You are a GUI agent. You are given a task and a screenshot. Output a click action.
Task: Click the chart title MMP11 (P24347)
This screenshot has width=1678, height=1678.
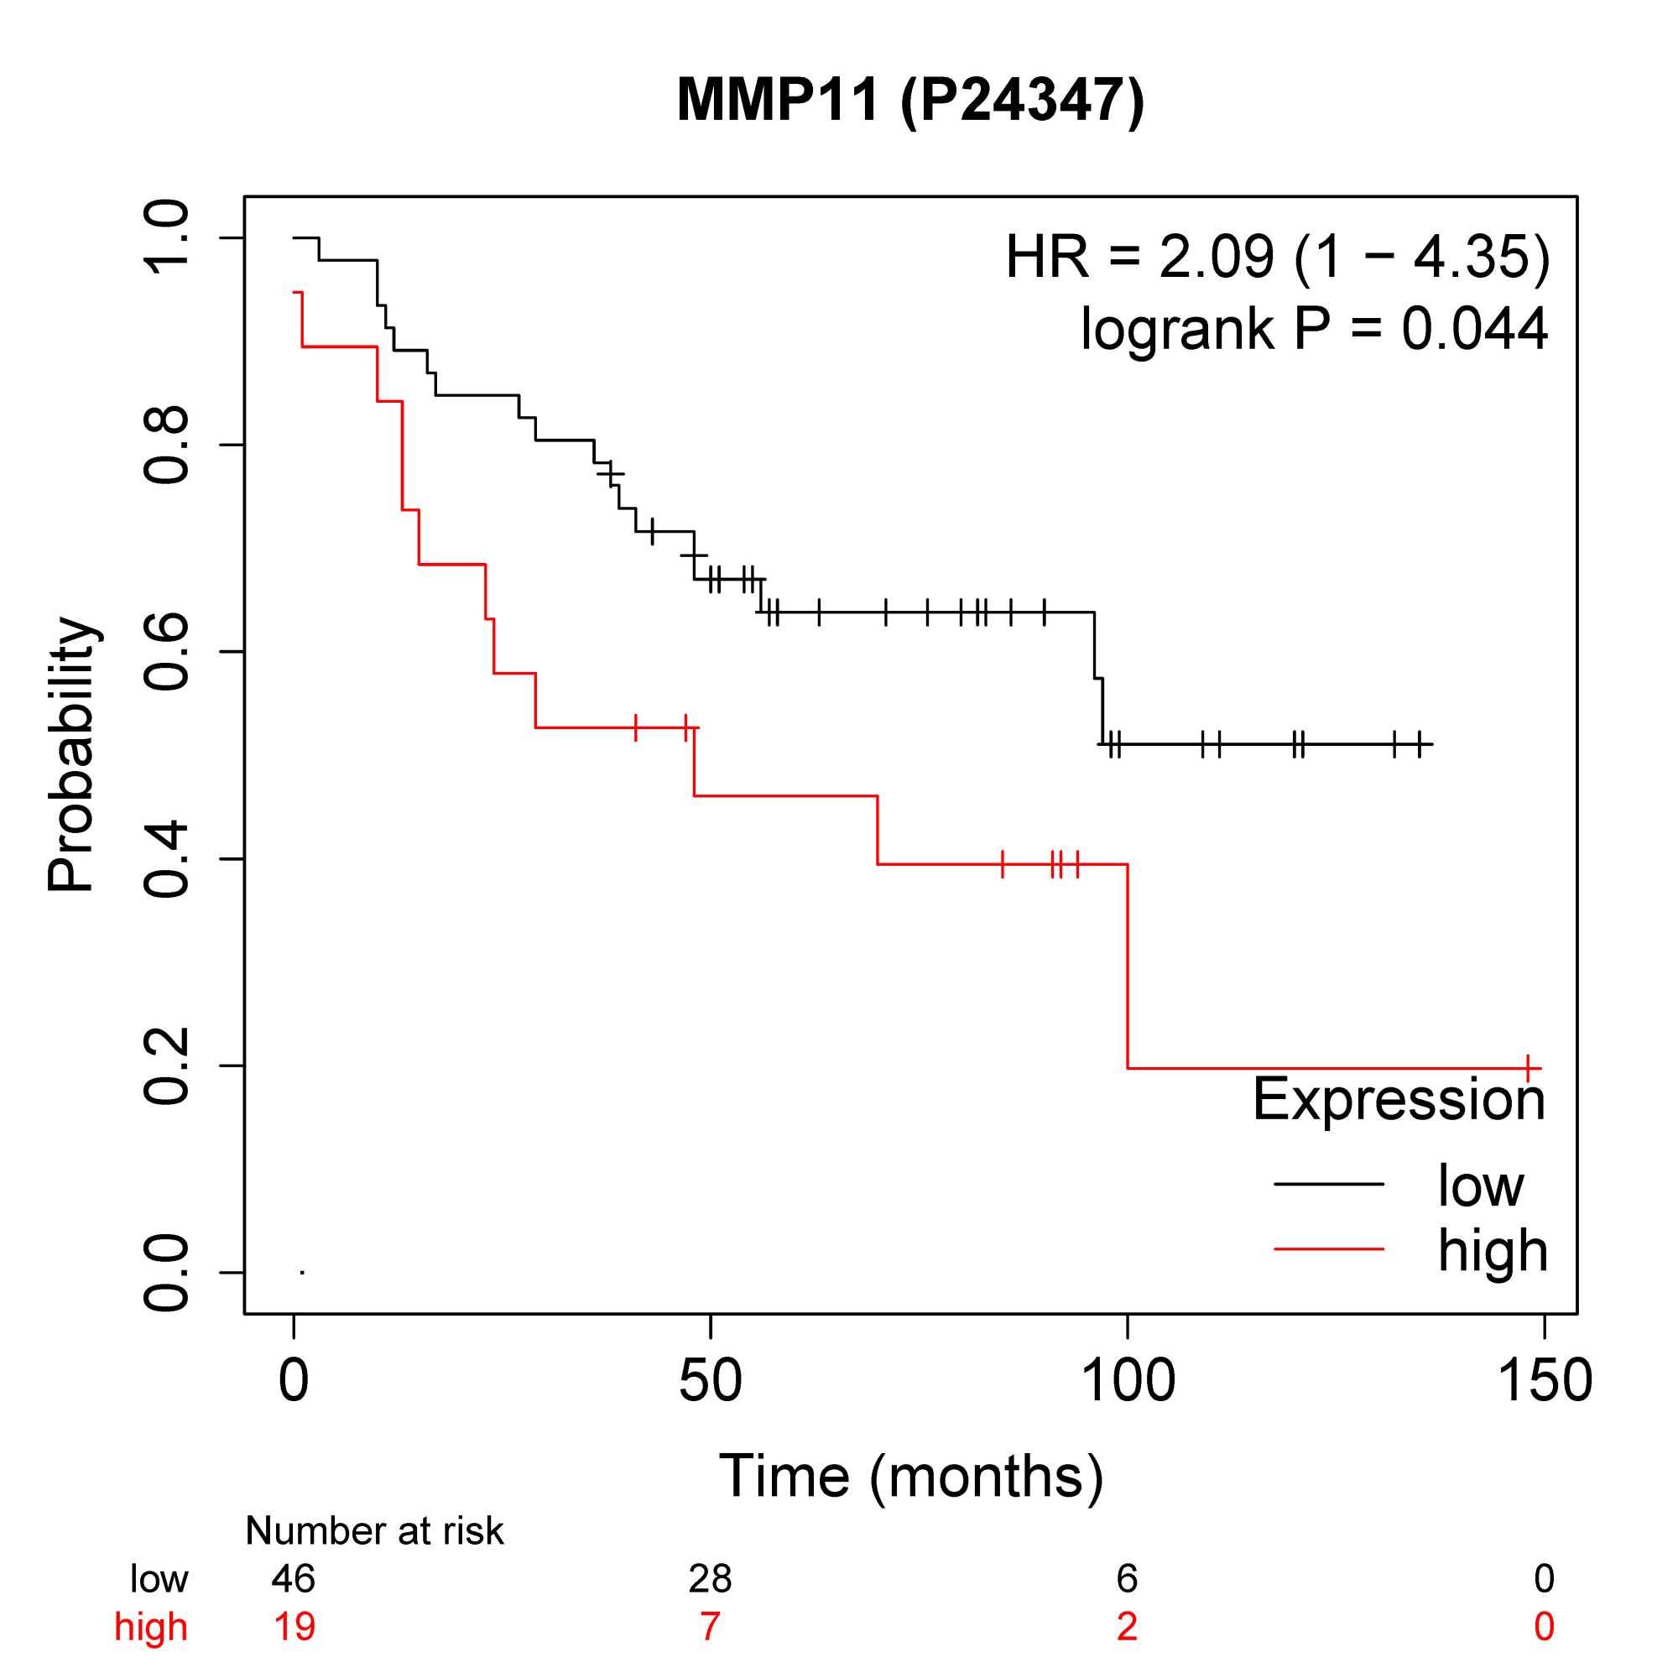click(910, 101)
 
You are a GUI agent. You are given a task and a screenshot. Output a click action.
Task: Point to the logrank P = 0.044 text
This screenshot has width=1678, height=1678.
click(1313, 329)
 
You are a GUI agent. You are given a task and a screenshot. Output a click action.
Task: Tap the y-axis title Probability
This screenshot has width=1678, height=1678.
click(71, 755)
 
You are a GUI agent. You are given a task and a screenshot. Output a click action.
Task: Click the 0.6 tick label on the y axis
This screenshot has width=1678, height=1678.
click(166, 652)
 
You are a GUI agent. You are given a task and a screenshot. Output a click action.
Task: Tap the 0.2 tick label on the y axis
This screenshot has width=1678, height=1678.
click(166, 1066)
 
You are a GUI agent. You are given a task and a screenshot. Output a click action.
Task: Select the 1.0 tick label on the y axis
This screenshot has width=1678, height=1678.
click(166, 238)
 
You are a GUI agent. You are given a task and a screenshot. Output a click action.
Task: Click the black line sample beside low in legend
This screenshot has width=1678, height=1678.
click(1329, 1184)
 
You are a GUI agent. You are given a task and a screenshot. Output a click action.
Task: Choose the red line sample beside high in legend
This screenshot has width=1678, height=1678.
click(1329, 1249)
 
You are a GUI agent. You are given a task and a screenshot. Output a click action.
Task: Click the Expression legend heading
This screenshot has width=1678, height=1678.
click(1399, 1100)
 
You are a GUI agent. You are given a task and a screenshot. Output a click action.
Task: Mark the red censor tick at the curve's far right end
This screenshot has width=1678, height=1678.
click(1528, 1067)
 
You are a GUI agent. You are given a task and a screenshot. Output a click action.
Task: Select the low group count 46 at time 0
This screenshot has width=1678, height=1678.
click(294, 1602)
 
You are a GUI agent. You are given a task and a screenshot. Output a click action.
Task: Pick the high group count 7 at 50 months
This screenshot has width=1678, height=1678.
click(711, 1650)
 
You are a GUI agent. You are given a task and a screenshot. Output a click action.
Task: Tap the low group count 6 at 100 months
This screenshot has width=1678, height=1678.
click(1128, 1602)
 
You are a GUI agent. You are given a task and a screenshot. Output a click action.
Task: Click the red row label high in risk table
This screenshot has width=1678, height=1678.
click(151, 1650)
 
